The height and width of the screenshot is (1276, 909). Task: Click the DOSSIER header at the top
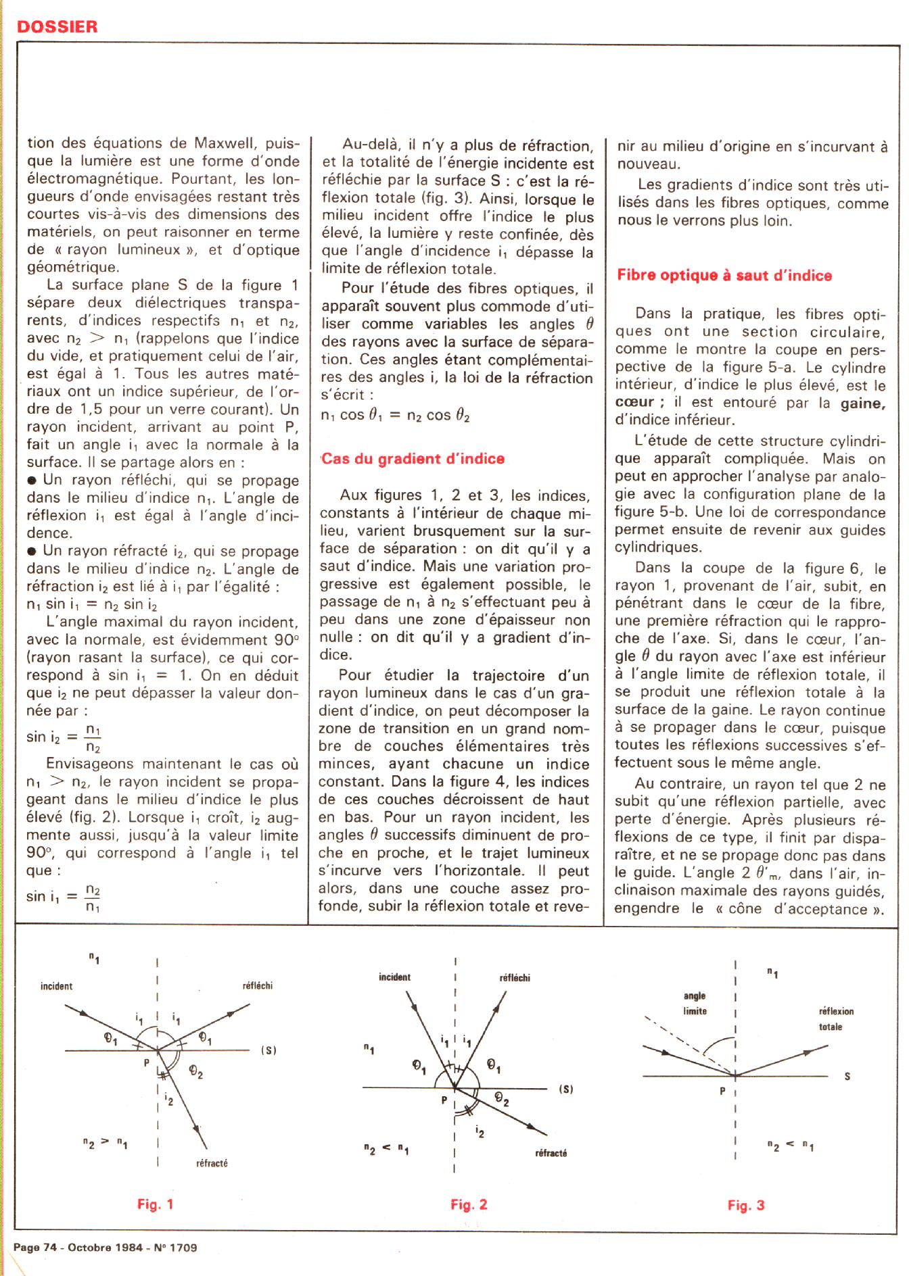tap(57, 26)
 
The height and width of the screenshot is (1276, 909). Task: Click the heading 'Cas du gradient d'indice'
tap(413, 459)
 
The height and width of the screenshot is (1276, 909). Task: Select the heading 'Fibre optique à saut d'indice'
tap(724, 275)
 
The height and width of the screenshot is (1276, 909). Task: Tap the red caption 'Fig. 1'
tap(155, 1204)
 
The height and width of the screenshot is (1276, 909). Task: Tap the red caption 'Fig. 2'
tap(469, 1204)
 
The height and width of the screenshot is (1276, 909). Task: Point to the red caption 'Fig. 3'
tap(746, 1205)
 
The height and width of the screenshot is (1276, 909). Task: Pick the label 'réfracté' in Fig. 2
tap(551, 1153)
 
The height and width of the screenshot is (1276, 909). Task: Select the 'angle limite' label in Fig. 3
tap(695, 1003)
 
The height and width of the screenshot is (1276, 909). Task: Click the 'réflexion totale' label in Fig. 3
tap(836, 1019)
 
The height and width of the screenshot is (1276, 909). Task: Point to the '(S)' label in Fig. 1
tap(269, 1050)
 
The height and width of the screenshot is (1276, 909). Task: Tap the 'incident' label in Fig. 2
tap(394, 977)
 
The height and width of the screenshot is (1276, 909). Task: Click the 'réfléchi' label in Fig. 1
tap(257, 986)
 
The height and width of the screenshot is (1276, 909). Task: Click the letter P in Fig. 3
tap(723, 1090)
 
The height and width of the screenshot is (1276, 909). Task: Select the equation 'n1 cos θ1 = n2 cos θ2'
tap(396, 416)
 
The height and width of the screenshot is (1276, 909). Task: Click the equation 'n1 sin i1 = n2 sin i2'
tap(93, 604)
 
